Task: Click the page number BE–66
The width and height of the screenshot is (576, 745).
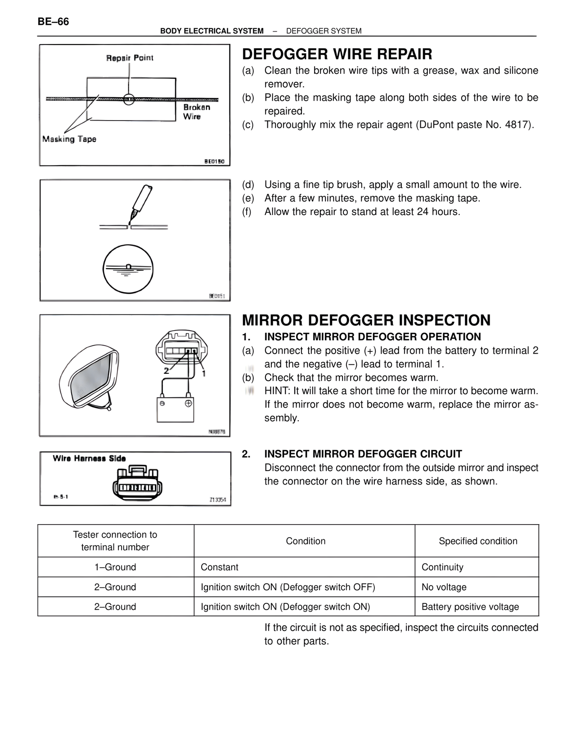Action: (x=54, y=22)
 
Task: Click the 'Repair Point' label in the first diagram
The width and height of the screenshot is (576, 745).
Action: (x=130, y=58)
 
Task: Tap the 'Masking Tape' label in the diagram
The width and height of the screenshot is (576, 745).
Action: (x=69, y=139)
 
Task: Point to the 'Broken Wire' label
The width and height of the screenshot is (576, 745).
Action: (x=196, y=112)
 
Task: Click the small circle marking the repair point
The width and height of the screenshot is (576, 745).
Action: (x=129, y=99)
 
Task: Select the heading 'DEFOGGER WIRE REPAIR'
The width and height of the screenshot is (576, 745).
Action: (x=337, y=54)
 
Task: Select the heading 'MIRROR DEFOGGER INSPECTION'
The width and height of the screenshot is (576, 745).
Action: (x=366, y=320)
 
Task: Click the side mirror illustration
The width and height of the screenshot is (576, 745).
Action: (x=89, y=376)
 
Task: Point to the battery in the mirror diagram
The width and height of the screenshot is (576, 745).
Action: (x=175, y=409)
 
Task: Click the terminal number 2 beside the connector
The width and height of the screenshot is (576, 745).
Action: (x=166, y=371)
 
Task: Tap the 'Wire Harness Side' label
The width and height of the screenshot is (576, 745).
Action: (x=89, y=458)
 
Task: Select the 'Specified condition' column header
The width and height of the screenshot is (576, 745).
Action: (x=478, y=541)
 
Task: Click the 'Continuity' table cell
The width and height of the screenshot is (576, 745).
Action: (x=442, y=567)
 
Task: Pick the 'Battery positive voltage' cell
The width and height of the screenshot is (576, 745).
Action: (x=470, y=607)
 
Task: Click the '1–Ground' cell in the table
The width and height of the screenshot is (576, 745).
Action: (x=115, y=567)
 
